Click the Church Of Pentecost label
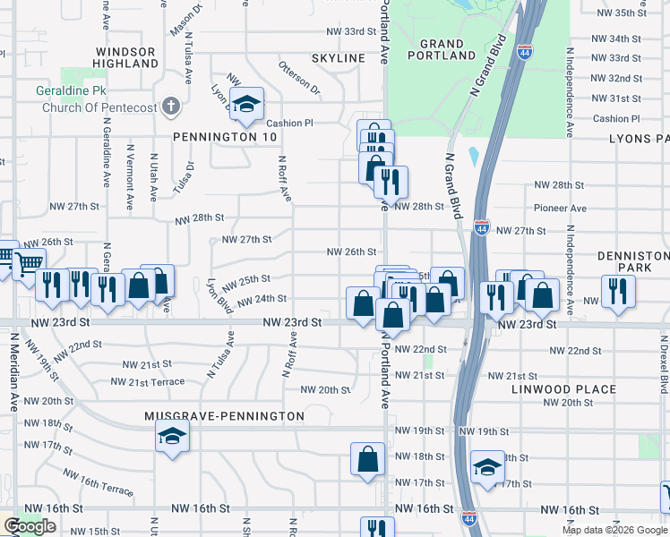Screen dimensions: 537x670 click(99, 107)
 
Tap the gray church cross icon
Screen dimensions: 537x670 click(172, 107)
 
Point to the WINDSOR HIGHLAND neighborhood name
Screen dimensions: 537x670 click(126, 57)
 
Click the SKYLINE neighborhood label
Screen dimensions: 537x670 click(339, 58)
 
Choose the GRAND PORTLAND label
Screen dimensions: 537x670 click(442, 49)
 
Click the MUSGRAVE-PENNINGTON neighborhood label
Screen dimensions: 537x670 click(224, 416)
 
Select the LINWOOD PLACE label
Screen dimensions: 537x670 click(563, 389)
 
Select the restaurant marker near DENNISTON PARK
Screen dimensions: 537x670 click(618, 290)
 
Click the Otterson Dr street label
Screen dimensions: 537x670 click(299, 78)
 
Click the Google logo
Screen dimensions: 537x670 click(30, 526)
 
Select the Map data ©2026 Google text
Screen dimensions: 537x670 click(614, 530)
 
